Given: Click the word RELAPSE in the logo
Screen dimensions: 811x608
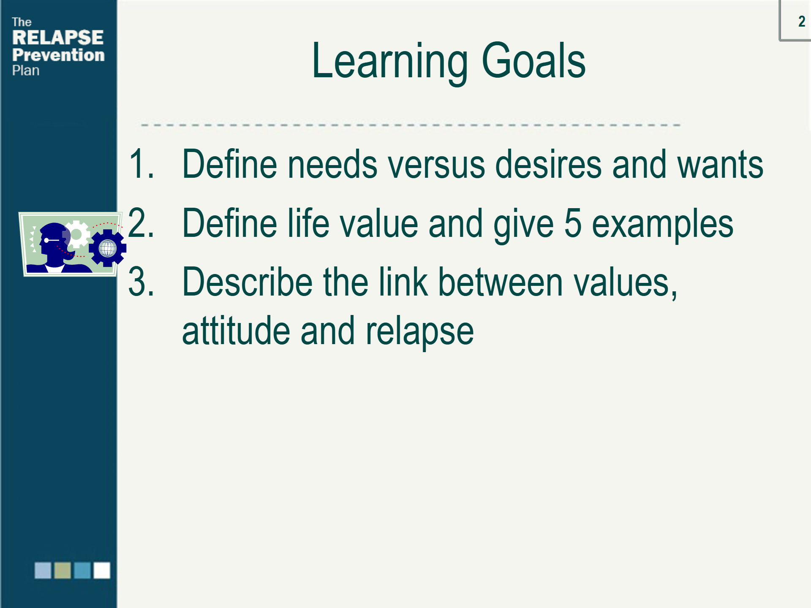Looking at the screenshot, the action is point(58,38).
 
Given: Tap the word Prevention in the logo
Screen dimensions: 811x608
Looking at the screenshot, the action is point(58,55).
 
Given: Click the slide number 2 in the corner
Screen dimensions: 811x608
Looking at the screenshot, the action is point(801,21).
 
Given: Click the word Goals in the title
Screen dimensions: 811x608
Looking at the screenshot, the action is point(533,60).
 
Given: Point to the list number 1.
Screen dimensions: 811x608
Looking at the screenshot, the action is point(141,164).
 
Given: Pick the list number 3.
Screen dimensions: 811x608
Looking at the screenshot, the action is point(141,282).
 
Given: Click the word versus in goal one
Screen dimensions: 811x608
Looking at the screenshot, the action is point(436,165).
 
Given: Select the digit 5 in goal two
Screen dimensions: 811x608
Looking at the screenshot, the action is point(573,223).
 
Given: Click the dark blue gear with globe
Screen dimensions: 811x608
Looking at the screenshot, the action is point(108,248).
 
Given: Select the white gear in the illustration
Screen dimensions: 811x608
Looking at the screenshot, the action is point(76,234).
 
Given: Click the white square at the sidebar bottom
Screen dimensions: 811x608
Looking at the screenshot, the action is point(102,570).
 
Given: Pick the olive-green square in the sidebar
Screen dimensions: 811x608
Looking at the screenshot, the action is point(63,570).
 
